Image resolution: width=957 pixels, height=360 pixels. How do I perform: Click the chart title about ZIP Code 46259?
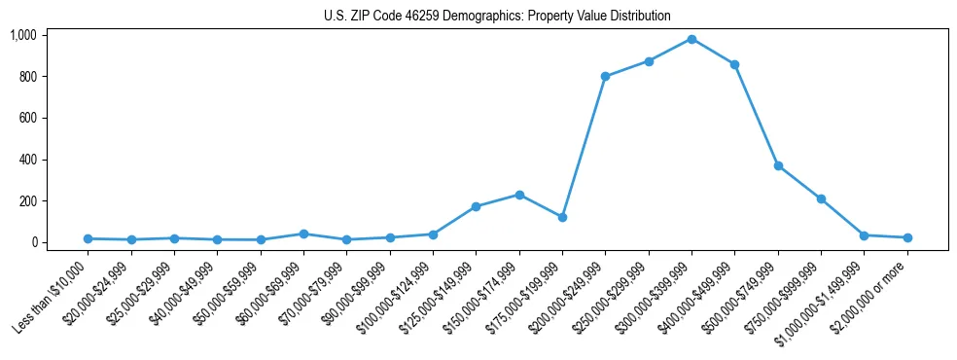[x=497, y=16]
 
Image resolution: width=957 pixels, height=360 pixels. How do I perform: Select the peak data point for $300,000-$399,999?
[x=691, y=39]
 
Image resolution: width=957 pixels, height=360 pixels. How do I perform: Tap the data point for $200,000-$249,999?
[x=605, y=76]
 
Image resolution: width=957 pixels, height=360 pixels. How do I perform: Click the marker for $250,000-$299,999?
[x=648, y=61]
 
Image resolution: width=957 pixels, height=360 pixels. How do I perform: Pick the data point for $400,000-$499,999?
[x=734, y=64]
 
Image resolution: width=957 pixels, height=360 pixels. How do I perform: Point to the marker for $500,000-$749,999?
[x=778, y=165]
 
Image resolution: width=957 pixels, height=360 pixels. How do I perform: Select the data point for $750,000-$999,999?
[x=821, y=198]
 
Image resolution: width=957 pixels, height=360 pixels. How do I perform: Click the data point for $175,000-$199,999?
[x=562, y=217]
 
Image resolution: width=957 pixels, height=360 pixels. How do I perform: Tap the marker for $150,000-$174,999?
[x=519, y=195]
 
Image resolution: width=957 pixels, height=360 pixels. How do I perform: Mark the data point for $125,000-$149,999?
[x=476, y=206]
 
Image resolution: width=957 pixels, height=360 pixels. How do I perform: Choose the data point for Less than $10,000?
[x=88, y=238]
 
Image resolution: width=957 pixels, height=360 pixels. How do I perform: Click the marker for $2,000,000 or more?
[x=907, y=237]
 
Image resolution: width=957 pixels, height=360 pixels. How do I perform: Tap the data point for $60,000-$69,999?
[x=303, y=234]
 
